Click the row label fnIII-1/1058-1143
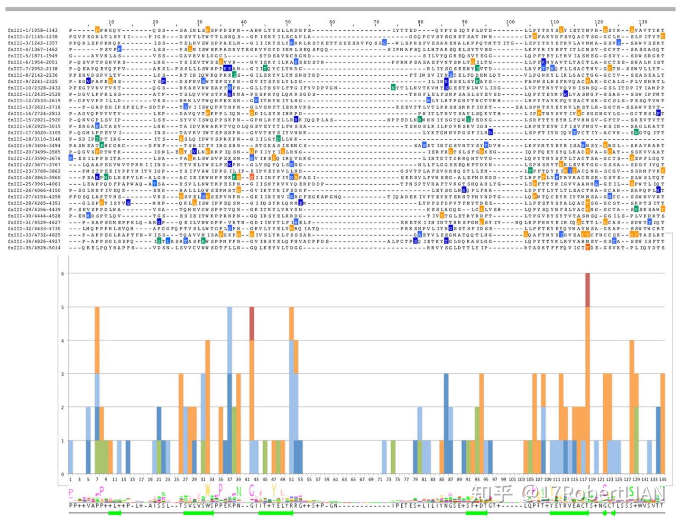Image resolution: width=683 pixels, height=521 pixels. pos(33,30)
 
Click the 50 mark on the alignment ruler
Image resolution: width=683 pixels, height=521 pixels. pos(288,22)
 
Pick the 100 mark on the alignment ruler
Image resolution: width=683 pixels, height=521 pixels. pos(510,22)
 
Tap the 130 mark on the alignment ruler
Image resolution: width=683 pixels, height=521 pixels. pos(643,22)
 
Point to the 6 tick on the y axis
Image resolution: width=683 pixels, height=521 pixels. pos(62,274)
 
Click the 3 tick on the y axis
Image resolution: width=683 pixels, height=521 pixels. pos(62,374)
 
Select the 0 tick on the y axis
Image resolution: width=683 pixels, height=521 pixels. pos(62,474)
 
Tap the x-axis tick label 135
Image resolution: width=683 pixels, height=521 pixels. pos(663,480)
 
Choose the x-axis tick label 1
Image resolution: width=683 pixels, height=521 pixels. pos(71,480)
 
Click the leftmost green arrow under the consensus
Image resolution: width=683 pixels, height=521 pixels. pos(114,513)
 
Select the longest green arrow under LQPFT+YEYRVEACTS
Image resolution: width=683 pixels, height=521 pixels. pos(568,513)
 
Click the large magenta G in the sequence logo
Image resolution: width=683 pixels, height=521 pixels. pos(252,491)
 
